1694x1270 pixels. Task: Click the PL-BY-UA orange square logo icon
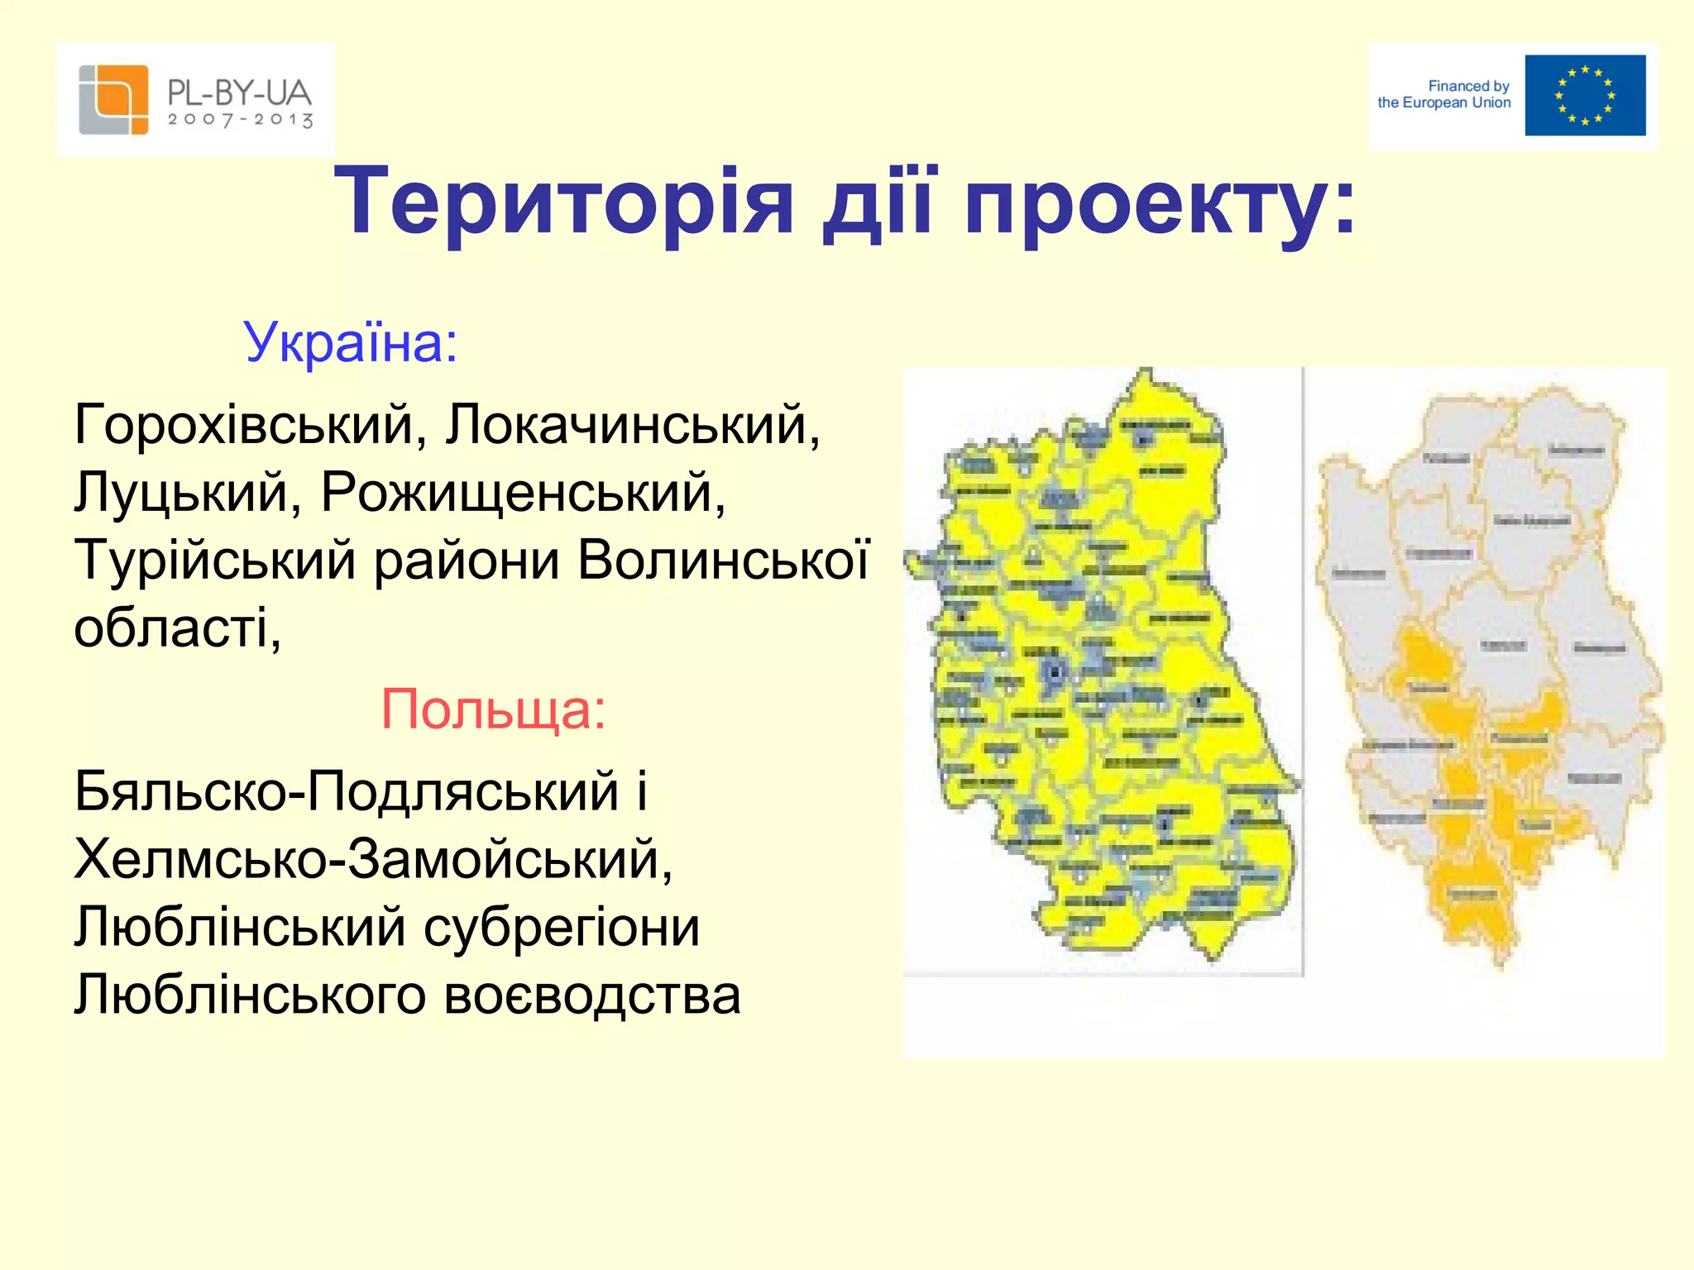pyautogui.click(x=113, y=99)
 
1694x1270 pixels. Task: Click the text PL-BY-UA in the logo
pyautogui.click(x=239, y=91)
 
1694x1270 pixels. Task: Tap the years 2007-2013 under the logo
pyautogui.click(x=240, y=121)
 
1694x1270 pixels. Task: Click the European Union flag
pyautogui.click(x=1584, y=95)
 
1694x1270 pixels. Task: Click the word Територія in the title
pyautogui.click(x=563, y=203)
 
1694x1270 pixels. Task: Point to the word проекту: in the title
pyautogui.click(x=1158, y=203)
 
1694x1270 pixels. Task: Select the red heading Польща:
pyautogui.click(x=493, y=709)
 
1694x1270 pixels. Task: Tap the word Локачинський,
pyautogui.click(x=633, y=425)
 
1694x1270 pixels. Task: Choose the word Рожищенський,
pyautogui.click(x=523, y=493)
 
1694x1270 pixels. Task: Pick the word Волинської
pyautogui.click(x=723, y=561)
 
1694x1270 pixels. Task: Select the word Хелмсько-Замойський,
pyautogui.click(x=373, y=859)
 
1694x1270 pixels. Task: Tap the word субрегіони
pyautogui.click(x=562, y=927)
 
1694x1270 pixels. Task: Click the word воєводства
pyautogui.click(x=591, y=995)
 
